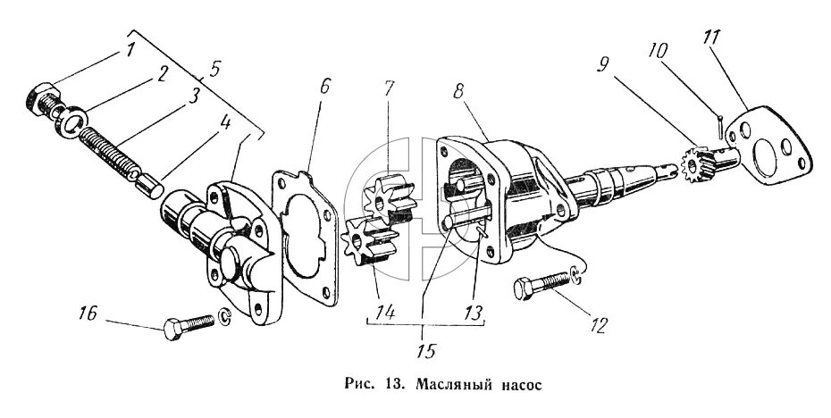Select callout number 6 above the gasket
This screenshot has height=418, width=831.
tap(324, 86)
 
